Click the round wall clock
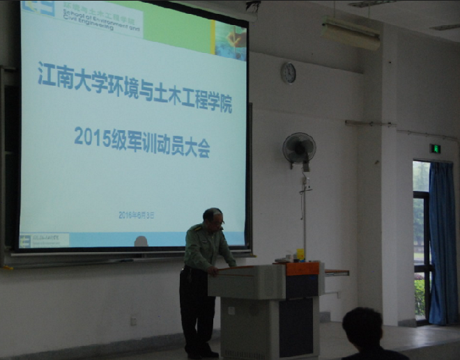click(x=288, y=72)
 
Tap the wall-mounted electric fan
click(x=299, y=148)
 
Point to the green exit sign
click(x=435, y=148)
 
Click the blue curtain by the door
click(x=443, y=244)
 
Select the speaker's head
click(x=213, y=219)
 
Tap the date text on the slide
click(x=136, y=215)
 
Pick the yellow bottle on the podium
click(x=300, y=255)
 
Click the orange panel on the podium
click(x=302, y=268)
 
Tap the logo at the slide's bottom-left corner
click(x=44, y=240)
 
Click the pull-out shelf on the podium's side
click(x=336, y=272)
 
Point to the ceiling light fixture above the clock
click(x=350, y=31)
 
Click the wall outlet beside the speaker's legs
click(x=133, y=321)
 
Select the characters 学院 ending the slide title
click(x=219, y=104)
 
